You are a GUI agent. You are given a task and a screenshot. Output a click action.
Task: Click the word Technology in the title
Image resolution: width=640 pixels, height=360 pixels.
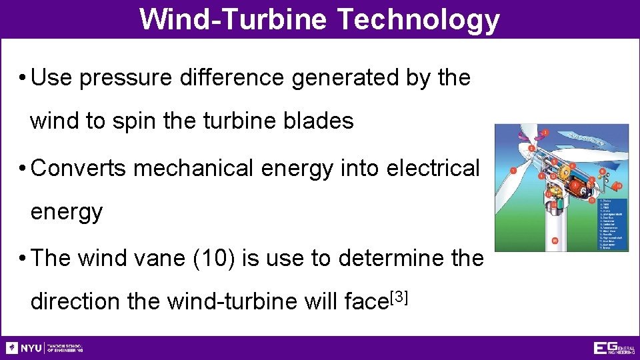tap(419, 19)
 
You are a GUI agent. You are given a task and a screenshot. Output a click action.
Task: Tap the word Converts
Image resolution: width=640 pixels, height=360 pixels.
tap(79, 168)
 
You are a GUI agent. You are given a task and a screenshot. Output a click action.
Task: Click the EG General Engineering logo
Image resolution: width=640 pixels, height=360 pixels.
tap(614, 348)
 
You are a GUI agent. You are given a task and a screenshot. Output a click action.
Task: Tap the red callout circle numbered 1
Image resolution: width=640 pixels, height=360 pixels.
tap(513, 171)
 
